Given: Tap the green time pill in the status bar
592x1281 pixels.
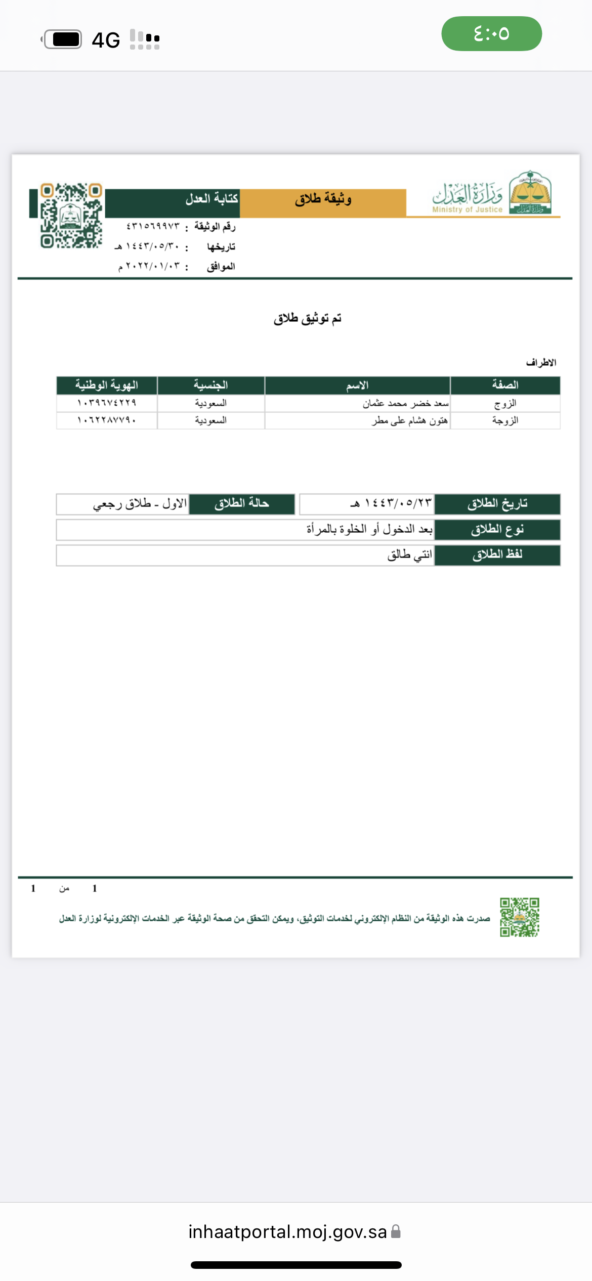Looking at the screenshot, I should click(x=491, y=33).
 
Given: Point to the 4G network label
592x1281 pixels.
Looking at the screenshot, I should click(x=106, y=40).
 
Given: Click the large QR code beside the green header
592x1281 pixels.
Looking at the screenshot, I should click(x=71, y=216).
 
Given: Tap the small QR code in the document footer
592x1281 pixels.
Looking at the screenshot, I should click(x=520, y=917).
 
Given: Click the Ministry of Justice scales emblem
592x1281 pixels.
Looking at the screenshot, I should click(x=530, y=193).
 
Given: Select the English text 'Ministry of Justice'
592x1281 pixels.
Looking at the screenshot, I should click(x=467, y=209).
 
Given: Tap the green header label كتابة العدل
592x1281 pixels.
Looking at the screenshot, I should click(x=212, y=198).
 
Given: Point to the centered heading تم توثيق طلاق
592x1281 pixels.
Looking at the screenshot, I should click(x=307, y=318).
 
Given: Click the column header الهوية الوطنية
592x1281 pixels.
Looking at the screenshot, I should click(x=106, y=386).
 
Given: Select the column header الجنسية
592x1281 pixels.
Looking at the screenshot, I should click(x=210, y=386).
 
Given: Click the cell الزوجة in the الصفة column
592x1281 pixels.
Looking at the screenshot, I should click(x=505, y=420).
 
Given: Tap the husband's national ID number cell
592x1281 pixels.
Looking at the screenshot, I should click(x=106, y=403).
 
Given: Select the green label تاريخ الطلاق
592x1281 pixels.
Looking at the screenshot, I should click(x=497, y=504).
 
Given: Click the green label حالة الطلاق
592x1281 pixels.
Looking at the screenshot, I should click(x=241, y=504).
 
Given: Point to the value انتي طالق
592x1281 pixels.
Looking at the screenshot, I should click(x=409, y=555).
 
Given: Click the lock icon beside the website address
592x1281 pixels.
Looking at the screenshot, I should click(x=396, y=1232).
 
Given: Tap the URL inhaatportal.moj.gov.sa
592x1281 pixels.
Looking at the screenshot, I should click(x=287, y=1232).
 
